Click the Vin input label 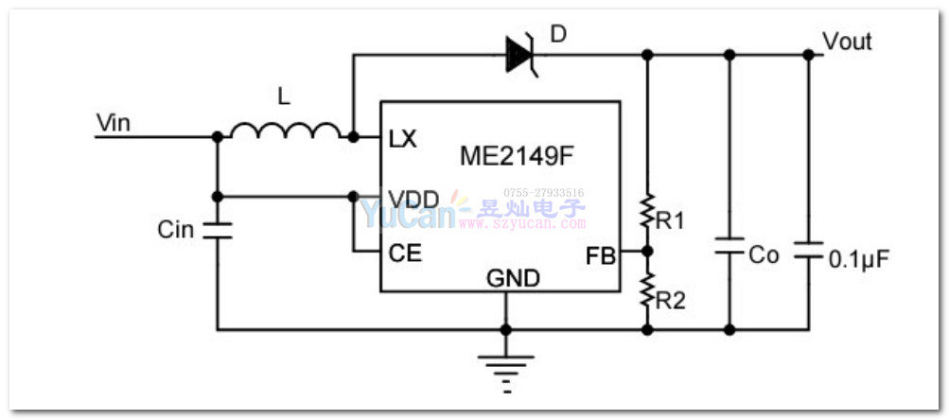pos(113,122)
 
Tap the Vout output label pos(847,42)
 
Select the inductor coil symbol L pos(285,131)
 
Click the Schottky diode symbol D pos(521,54)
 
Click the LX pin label pos(402,138)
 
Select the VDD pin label pos(413,198)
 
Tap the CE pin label pos(405,254)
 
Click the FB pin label pos(600,254)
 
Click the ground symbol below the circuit pos(505,370)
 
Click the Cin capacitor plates pos(217,230)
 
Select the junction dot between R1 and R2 pos(647,253)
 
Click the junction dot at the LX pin pos(353,137)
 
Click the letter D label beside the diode pos(558,35)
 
